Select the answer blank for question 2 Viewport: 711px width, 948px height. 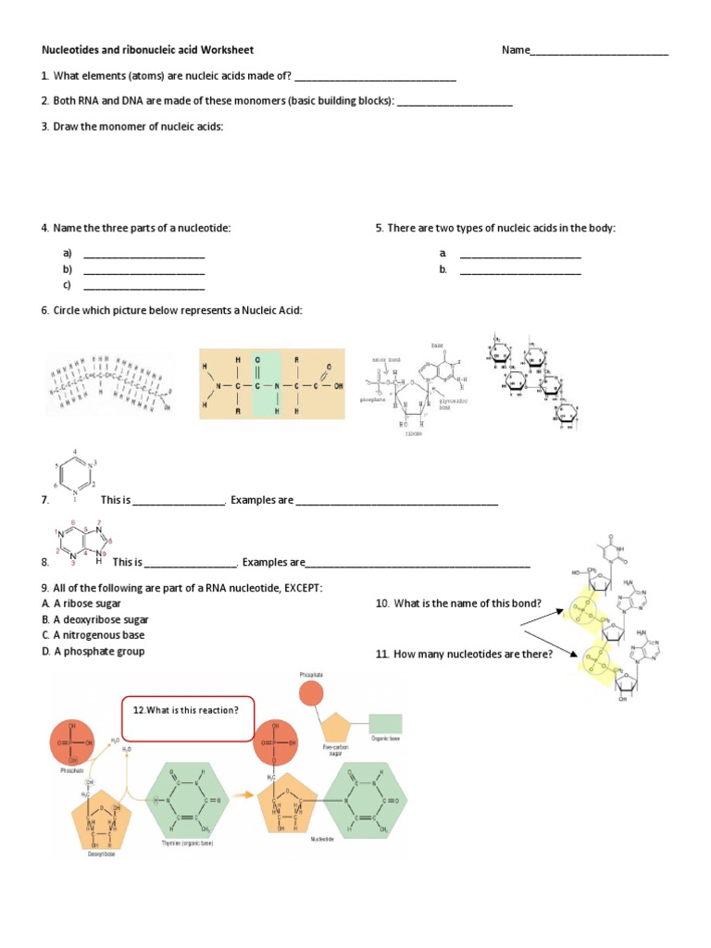pos(454,104)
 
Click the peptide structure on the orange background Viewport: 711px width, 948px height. pos(272,383)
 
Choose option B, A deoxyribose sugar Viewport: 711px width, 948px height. pos(94,619)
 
